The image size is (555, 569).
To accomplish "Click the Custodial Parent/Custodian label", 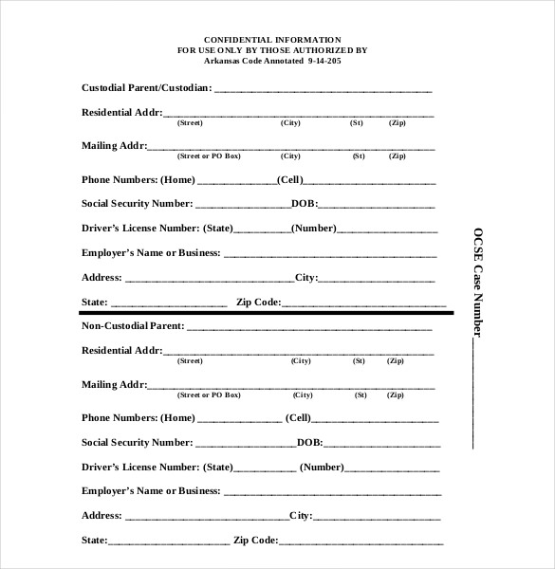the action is pyautogui.click(x=146, y=88).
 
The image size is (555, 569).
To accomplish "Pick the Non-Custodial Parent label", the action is pyautogui.click(x=132, y=326).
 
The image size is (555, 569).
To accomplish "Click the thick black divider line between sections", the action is pyautogui.click(x=266, y=312).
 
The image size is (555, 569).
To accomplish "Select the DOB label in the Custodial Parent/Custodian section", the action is pyautogui.click(x=304, y=204).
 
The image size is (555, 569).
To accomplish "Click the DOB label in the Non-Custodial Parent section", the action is pyautogui.click(x=309, y=442).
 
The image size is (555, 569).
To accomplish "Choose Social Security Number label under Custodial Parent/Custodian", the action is pyautogui.click(x=137, y=204).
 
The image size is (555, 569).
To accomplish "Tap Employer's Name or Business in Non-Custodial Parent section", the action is pyautogui.click(x=150, y=491).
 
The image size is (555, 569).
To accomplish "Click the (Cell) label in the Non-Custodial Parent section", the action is pyautogui.click(x=299, y=417).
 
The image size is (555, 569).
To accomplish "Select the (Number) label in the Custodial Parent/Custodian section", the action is pyautogui.click(x=314, y=229).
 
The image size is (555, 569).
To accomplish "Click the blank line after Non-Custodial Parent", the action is pyautogui.click(x=308, y=328).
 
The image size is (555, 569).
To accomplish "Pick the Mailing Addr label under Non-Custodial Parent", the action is pyautogui.click(x=114, y=384).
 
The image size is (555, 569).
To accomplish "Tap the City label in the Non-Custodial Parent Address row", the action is pyautogui.click(x=300, y=516).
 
